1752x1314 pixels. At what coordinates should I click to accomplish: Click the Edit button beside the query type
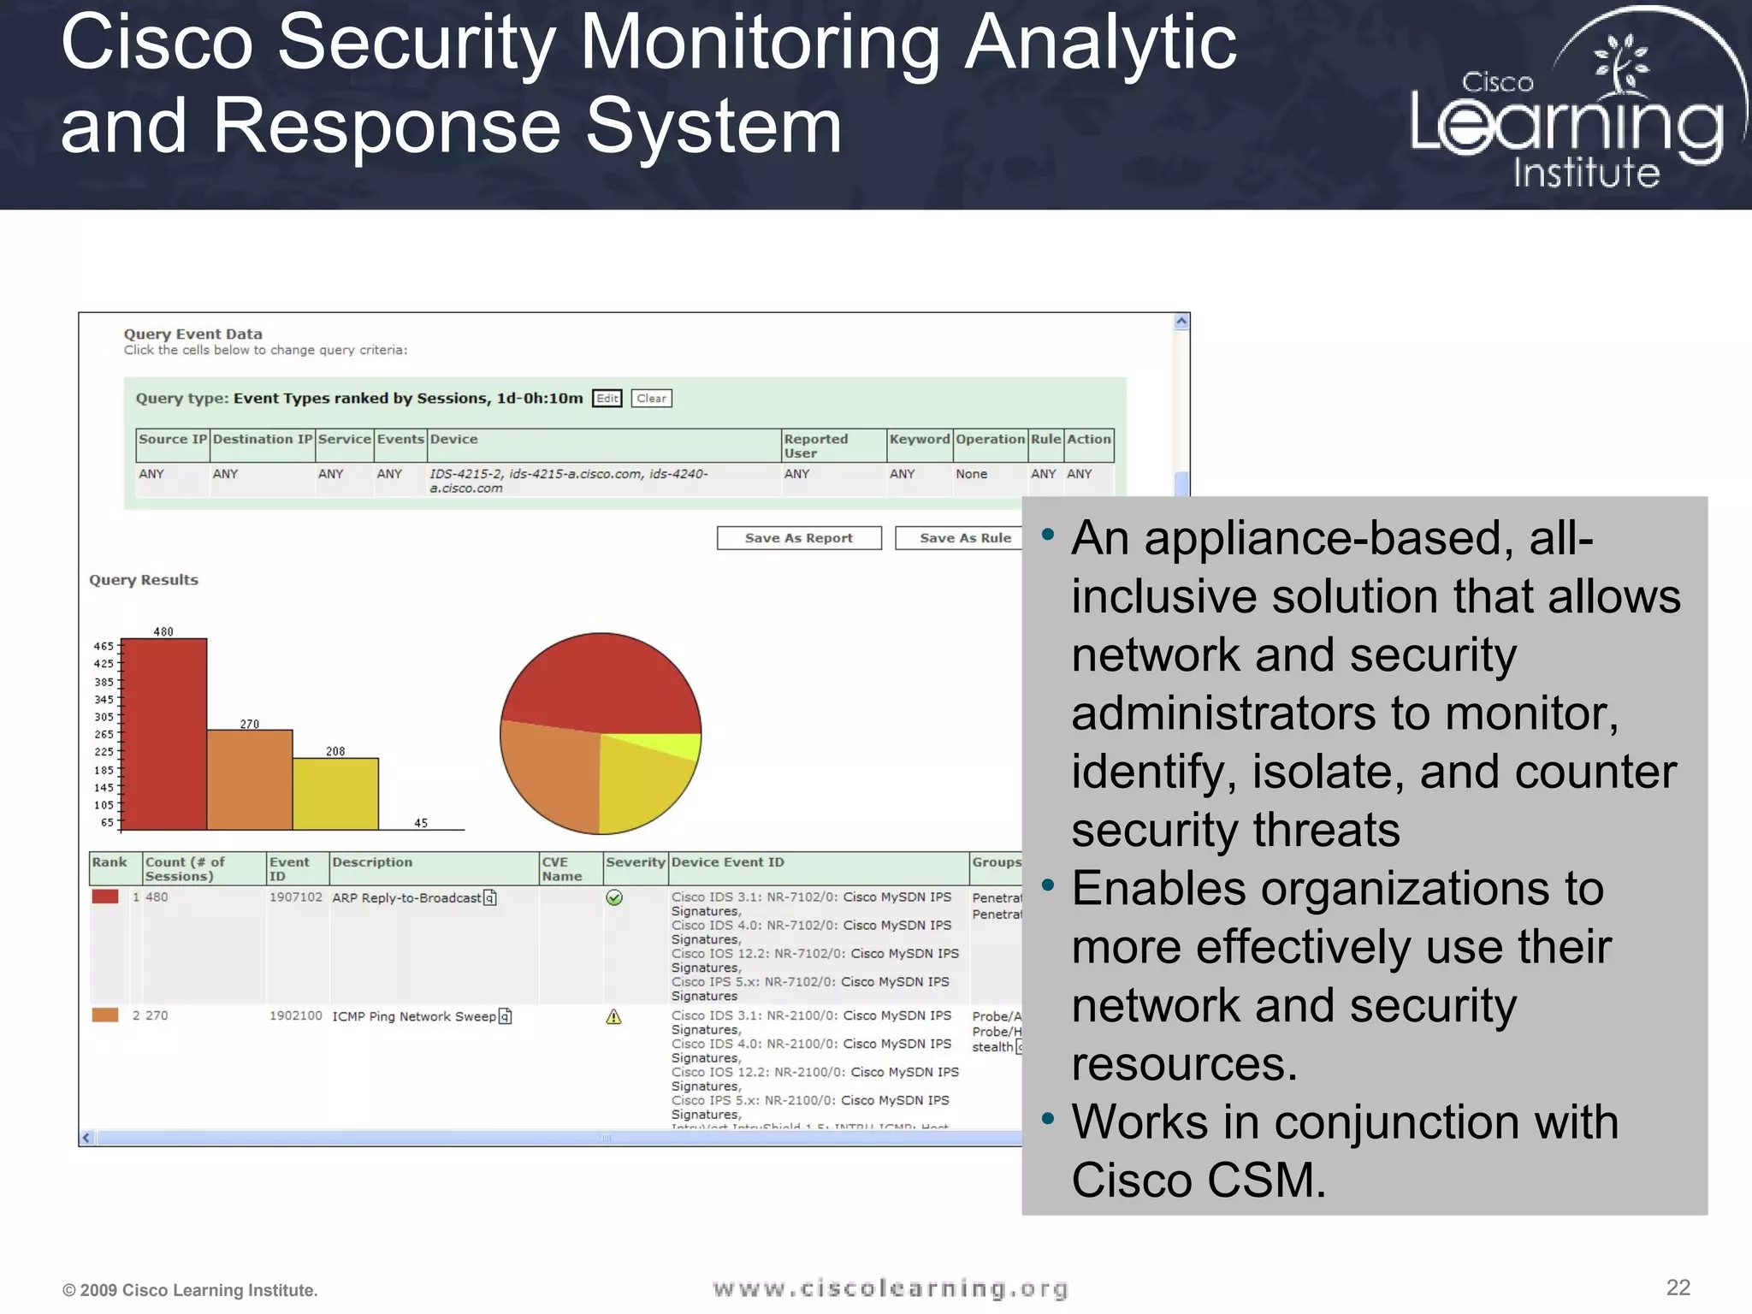607,399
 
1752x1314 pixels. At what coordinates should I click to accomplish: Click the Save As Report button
798,538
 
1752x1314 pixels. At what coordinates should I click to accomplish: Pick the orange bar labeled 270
250,779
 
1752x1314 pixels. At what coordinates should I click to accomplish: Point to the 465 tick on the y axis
104,646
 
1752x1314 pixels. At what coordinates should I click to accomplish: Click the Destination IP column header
263,439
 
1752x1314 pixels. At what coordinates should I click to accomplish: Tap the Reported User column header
815,445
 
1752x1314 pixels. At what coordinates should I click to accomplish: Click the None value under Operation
971,474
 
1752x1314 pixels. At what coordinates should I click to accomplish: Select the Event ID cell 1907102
295,897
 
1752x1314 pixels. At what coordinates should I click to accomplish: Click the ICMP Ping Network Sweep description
414,1016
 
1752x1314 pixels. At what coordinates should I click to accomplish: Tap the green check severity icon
614,897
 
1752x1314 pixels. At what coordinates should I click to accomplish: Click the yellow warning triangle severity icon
613,1016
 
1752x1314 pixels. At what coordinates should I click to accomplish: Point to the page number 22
1678,1287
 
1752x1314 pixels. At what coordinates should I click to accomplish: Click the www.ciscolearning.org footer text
891,1288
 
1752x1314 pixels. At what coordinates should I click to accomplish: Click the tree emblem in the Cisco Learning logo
1619,62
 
